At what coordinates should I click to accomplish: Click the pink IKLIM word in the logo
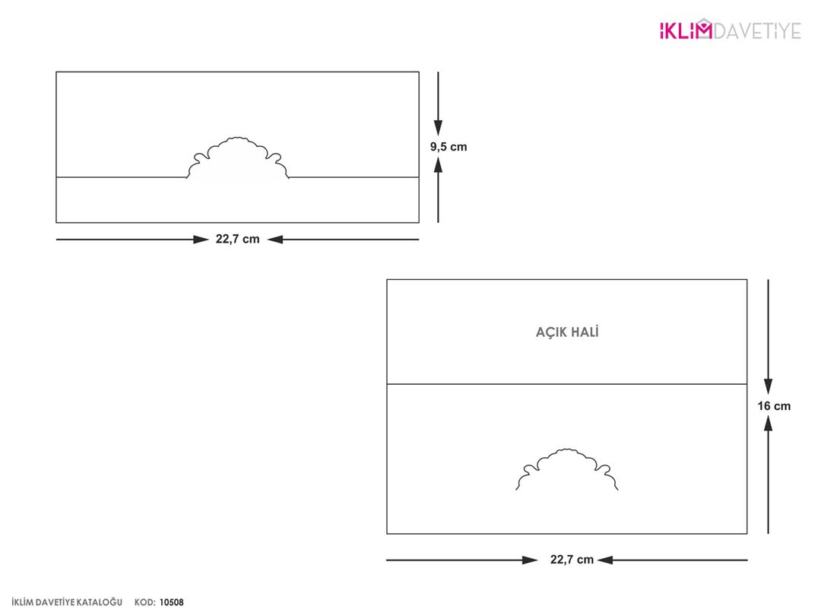pyautogui.click(x=686, y=30)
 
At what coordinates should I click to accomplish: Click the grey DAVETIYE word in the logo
pyautogui.click(x=757, y=31)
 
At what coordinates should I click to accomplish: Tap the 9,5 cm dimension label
pyautogui.click(x=449, y=147)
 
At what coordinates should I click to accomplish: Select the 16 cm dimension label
pyautogui.click(x=774, y=406)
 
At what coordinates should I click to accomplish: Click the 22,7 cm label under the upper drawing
pyautogui.click(x=238, y=240)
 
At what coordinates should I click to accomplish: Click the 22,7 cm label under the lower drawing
pyautogui.click(x=572, y=560)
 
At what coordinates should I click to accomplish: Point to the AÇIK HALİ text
pyautogui.click(x=567, y=332)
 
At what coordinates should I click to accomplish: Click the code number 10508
pyautogui.click(x=172, y=602)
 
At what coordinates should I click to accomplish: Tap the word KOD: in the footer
pyautogui.click(x=144, y=602)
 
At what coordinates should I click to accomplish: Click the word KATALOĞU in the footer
pyautogui.click(x=100, y=602)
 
